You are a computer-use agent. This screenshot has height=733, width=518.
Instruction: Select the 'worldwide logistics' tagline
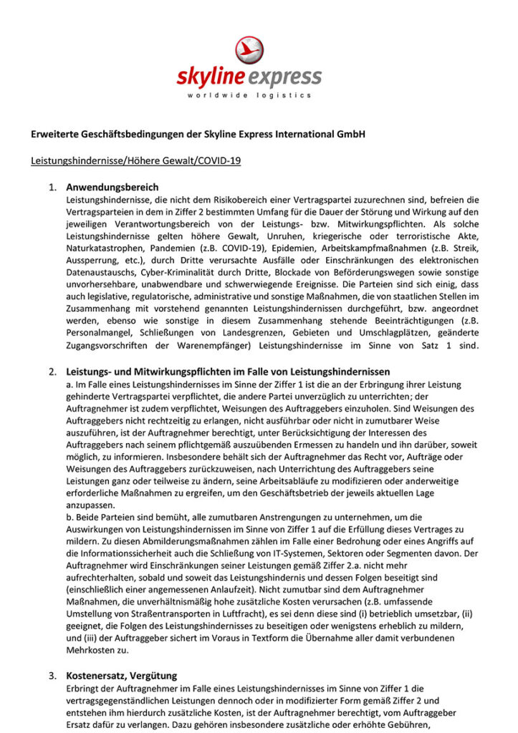tap(249, 95)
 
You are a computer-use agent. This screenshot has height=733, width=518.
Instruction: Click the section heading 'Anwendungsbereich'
tap(112, 188)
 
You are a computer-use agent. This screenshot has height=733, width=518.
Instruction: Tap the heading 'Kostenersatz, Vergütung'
tap(122, 676)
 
